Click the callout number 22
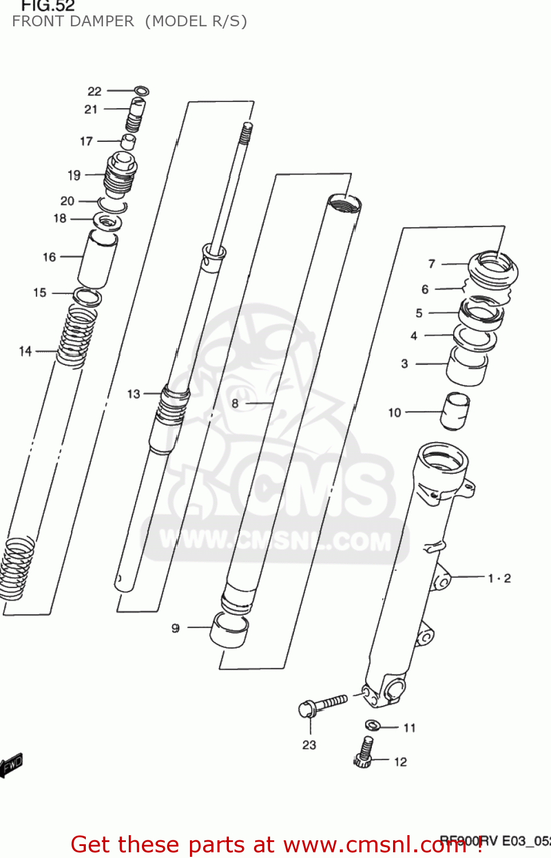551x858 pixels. click(94, 92)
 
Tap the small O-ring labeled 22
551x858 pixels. click(141, 90)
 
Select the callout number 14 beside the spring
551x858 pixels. click(25, 351)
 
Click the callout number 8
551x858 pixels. click(235, 403)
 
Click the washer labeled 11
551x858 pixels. click(373, 725)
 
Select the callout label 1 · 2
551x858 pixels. click(499, 578)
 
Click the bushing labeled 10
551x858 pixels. click(455, 410)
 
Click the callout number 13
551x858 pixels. click(133, 394)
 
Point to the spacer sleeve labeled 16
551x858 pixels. click(97, 259)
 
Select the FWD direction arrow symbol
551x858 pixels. click(11, 765)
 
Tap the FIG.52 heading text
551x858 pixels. click(48, 6)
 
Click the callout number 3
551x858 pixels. click(405, 364)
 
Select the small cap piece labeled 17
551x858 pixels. click(128, 141)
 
